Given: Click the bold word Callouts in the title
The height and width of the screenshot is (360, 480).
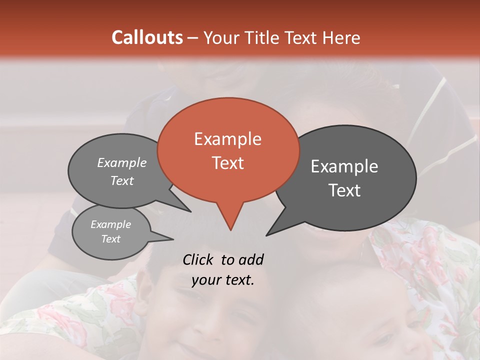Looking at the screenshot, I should pos(147,37).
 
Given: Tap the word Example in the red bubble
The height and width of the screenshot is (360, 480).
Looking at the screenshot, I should pos(227,139).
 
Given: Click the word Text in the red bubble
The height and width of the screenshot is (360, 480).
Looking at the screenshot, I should pos(227,163).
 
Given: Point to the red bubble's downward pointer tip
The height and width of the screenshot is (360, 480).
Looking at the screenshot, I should pos(230,230).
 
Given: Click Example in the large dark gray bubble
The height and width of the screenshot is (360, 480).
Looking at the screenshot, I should pos(344,166).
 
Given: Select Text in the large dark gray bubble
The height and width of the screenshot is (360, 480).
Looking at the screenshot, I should pos(344,190).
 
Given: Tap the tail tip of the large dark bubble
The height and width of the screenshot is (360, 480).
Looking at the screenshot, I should pos(266,235).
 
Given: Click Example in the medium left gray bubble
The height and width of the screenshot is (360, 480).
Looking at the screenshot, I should pos(121,162).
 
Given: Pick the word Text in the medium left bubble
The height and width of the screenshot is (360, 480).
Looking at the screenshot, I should pos(121,180).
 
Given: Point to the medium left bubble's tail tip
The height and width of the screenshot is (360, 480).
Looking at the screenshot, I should pos(190,211).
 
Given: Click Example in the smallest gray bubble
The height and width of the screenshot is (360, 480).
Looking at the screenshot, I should pos(110,224).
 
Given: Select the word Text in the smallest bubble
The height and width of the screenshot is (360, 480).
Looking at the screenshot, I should pos(110,239).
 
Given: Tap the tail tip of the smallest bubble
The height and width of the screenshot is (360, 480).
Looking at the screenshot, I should pos(173,239).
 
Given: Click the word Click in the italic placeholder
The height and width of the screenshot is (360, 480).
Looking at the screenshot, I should pos(199,259).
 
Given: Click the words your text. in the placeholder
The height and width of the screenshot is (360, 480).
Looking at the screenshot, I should pos(223,280).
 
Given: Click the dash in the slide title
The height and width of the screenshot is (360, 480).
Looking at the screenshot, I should pos(193,37).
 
